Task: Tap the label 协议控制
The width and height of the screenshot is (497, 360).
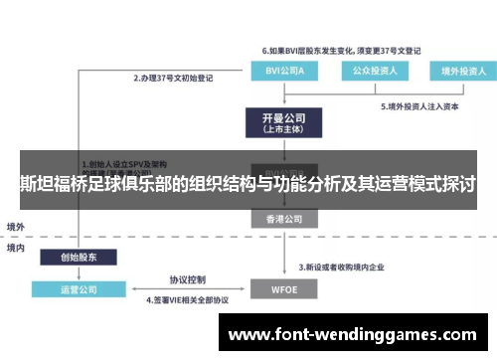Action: [x=187, y=278]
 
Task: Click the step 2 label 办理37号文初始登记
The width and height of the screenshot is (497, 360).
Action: [x=175, y=77]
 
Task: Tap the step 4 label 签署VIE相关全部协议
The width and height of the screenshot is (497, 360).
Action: [x=188, y=299]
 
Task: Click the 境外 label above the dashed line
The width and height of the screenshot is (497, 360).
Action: [x=17, y=226]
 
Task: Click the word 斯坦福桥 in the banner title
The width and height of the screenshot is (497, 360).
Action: [x=55, y=185]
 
